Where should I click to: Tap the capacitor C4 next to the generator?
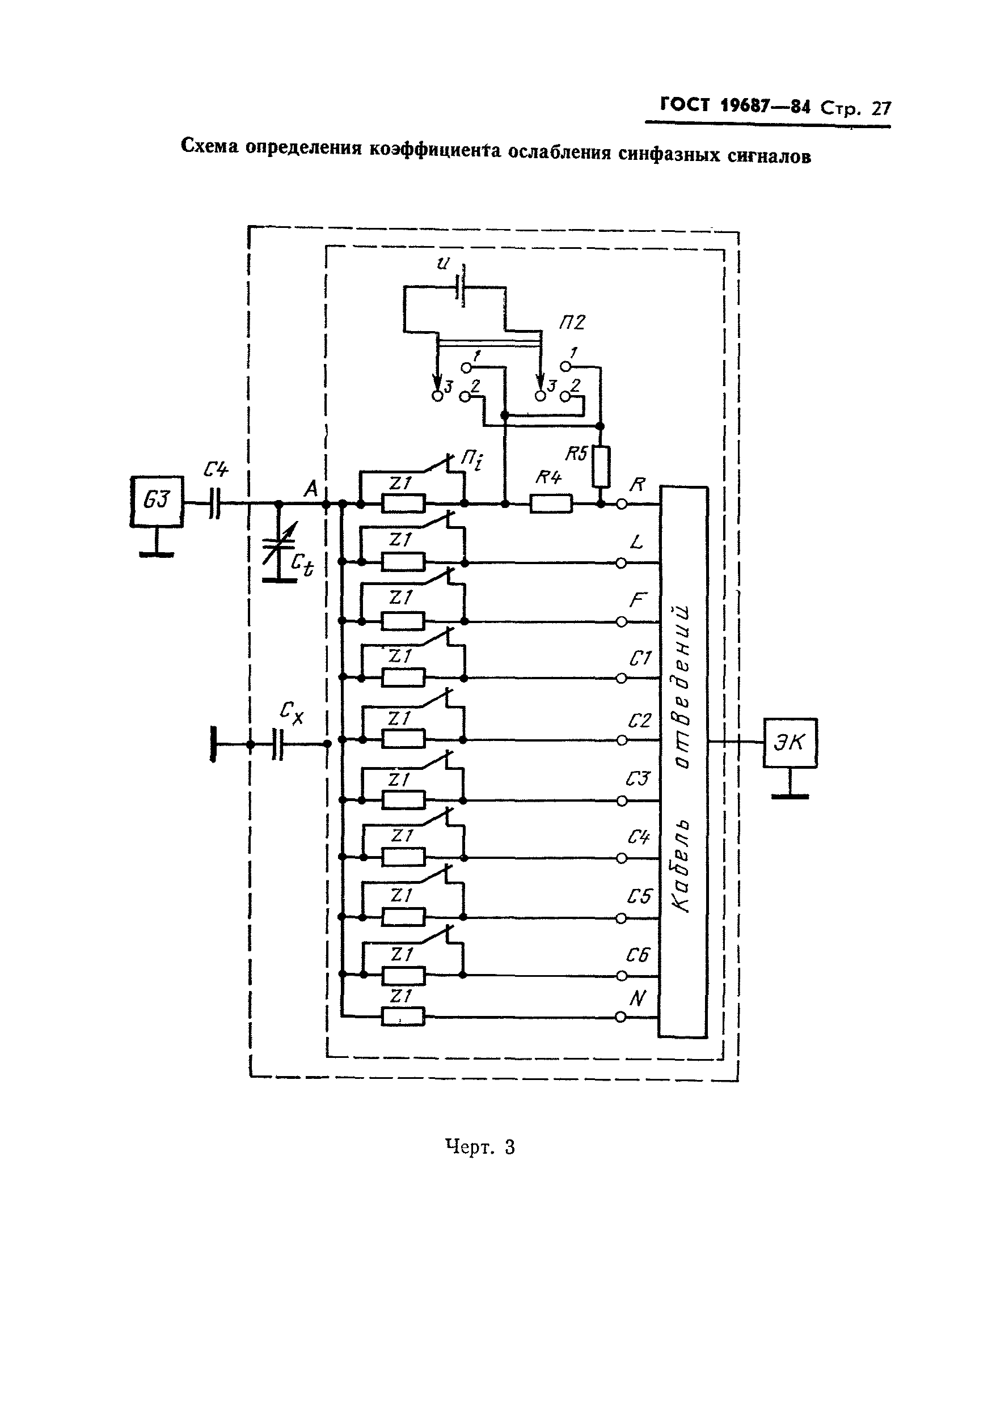pyautogui.click(x=214, y=503)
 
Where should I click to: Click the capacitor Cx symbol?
pyautogui.click(x=277, y=743)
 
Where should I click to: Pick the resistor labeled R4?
pyautogui.click(x=551, y=503)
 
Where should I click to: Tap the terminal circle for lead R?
pyautogui.click(x=621, y=503)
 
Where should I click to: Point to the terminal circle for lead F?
pyautogui.click(x=621, y=621)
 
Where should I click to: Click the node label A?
pyautogui.click(x=311, y=489)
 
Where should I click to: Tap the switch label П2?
pyautogui.click(x=571, y=323)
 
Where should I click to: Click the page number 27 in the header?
pyautogui.click(x=881, y=108)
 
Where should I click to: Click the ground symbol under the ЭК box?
pyautogui.click(x=790, y=796)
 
